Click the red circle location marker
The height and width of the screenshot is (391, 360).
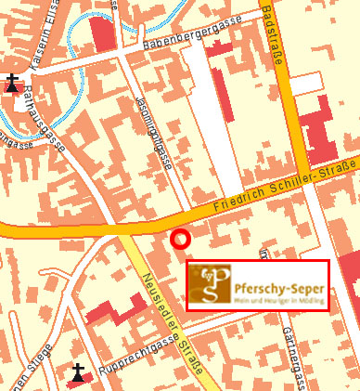click(181, 240)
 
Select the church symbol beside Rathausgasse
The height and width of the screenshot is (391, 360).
click(11, 82)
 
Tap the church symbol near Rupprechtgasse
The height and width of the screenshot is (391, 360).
click(79, 373)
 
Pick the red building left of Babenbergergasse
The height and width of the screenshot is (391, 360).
click(103, 33)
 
